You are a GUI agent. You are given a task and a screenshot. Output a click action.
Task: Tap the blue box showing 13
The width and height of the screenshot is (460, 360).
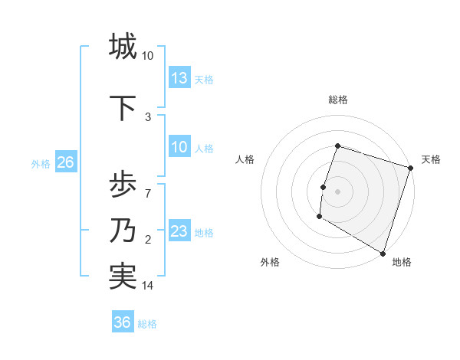[179, 78]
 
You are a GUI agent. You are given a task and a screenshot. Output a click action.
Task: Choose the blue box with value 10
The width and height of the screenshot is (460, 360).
[179, 147]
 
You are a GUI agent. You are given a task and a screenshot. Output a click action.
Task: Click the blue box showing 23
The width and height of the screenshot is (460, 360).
[179, 231]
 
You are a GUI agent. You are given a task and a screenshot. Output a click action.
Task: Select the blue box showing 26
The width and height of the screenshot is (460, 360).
[65, 162]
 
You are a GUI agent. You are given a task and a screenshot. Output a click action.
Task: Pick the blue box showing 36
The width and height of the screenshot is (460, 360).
[122, 322]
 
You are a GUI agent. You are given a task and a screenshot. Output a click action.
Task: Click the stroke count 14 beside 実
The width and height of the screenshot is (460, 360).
[148, 286]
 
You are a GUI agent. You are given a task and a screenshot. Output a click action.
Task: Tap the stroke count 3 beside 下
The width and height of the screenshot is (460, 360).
[148, 117]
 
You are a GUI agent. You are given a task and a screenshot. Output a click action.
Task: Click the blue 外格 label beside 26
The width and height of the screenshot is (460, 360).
[41, 163]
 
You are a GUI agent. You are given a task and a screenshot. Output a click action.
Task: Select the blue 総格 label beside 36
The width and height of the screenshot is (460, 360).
[147, 323]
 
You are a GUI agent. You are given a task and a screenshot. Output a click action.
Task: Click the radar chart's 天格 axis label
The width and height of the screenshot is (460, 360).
[431, 159]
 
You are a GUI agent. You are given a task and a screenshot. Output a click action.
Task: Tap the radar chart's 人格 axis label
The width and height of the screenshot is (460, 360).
[245, 159]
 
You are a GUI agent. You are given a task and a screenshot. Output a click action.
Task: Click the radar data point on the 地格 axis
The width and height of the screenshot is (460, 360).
[383, 253]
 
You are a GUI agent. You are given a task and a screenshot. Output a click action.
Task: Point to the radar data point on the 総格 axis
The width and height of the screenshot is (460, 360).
[337, 146]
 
